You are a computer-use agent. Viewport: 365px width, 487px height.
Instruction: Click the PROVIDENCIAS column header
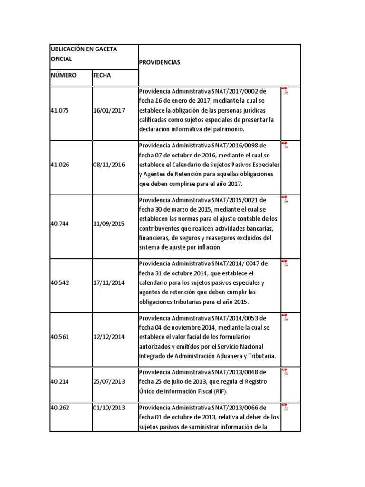[160, 62]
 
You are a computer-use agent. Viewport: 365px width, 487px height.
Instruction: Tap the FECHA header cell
[102, 75]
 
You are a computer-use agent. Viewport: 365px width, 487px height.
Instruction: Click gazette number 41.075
[59, 110]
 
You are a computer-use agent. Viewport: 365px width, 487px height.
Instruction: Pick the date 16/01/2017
[109, 110]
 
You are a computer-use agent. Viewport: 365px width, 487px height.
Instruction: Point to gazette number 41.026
[59, 165]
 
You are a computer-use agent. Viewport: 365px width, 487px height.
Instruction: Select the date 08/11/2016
[109, 165]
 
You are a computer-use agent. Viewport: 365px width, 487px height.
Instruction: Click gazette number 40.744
[59, 224]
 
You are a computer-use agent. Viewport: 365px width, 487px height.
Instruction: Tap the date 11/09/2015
[109, 224]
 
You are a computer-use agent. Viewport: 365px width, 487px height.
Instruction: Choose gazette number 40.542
[59, 282]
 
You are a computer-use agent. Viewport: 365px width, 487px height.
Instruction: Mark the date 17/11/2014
[109, 282]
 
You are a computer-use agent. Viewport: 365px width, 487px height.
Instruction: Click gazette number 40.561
[59, 337]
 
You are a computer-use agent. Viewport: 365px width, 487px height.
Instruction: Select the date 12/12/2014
[109, 337]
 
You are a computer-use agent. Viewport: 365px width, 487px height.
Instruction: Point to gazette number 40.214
[59, 381]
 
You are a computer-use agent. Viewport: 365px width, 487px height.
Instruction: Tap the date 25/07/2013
[109, 381]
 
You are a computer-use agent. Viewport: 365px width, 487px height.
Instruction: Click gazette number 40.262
[59, 408]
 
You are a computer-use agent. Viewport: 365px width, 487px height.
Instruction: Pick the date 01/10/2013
[109, 408]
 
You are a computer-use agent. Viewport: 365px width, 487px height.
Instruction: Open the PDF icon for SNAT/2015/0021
[285, 200]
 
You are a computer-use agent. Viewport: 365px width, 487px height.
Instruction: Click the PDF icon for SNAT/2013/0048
[285, 372]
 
